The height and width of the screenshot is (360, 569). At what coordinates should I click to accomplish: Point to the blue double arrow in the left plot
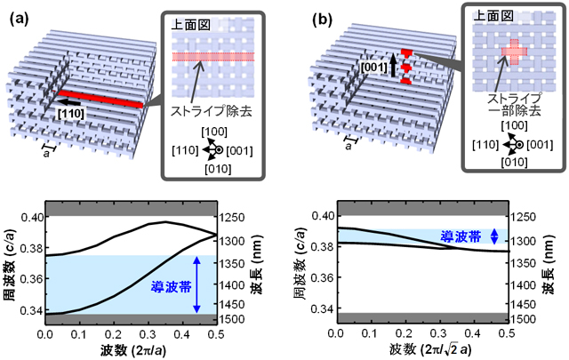tap(198, 285)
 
